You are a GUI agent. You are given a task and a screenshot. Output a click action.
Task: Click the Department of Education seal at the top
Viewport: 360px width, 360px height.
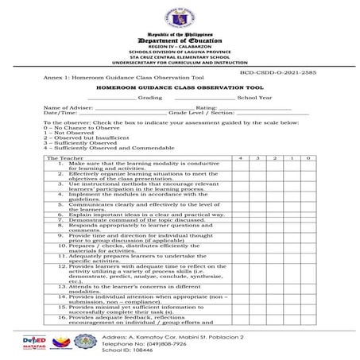[180, 17]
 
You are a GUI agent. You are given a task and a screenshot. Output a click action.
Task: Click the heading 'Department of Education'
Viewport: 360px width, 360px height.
[180, 41]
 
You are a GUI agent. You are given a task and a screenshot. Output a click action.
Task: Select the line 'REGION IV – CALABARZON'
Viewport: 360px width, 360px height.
[180, 49]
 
